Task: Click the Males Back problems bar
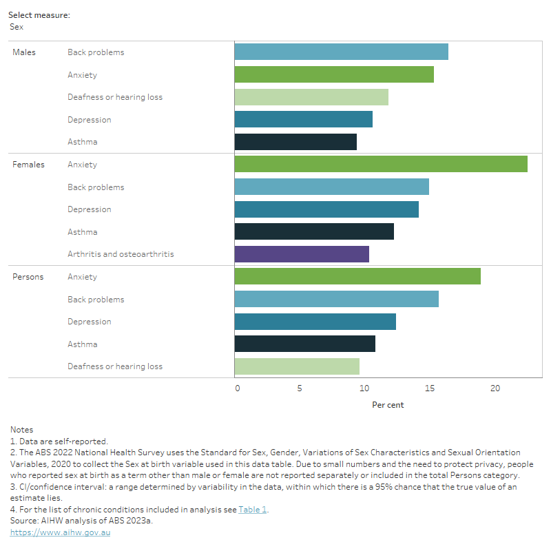coord(341,52)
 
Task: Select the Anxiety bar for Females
coord(380,164)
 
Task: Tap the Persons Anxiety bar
coord(357,276)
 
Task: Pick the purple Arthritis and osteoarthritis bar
coord(302,253)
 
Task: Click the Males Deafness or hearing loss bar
coord(311,96)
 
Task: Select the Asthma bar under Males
coord(295,141)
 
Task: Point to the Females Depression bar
coord(326,209)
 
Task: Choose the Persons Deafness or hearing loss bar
coord(297,366)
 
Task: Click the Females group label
coord(28,165)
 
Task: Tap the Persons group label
coord(28,277)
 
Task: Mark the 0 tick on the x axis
coord(238,388)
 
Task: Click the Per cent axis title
coord(388,404)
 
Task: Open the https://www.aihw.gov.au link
coord(60,532)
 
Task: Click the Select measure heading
coord(39,14)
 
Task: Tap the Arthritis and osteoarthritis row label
coord(121,254)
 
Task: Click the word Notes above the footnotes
coord(21,430)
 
